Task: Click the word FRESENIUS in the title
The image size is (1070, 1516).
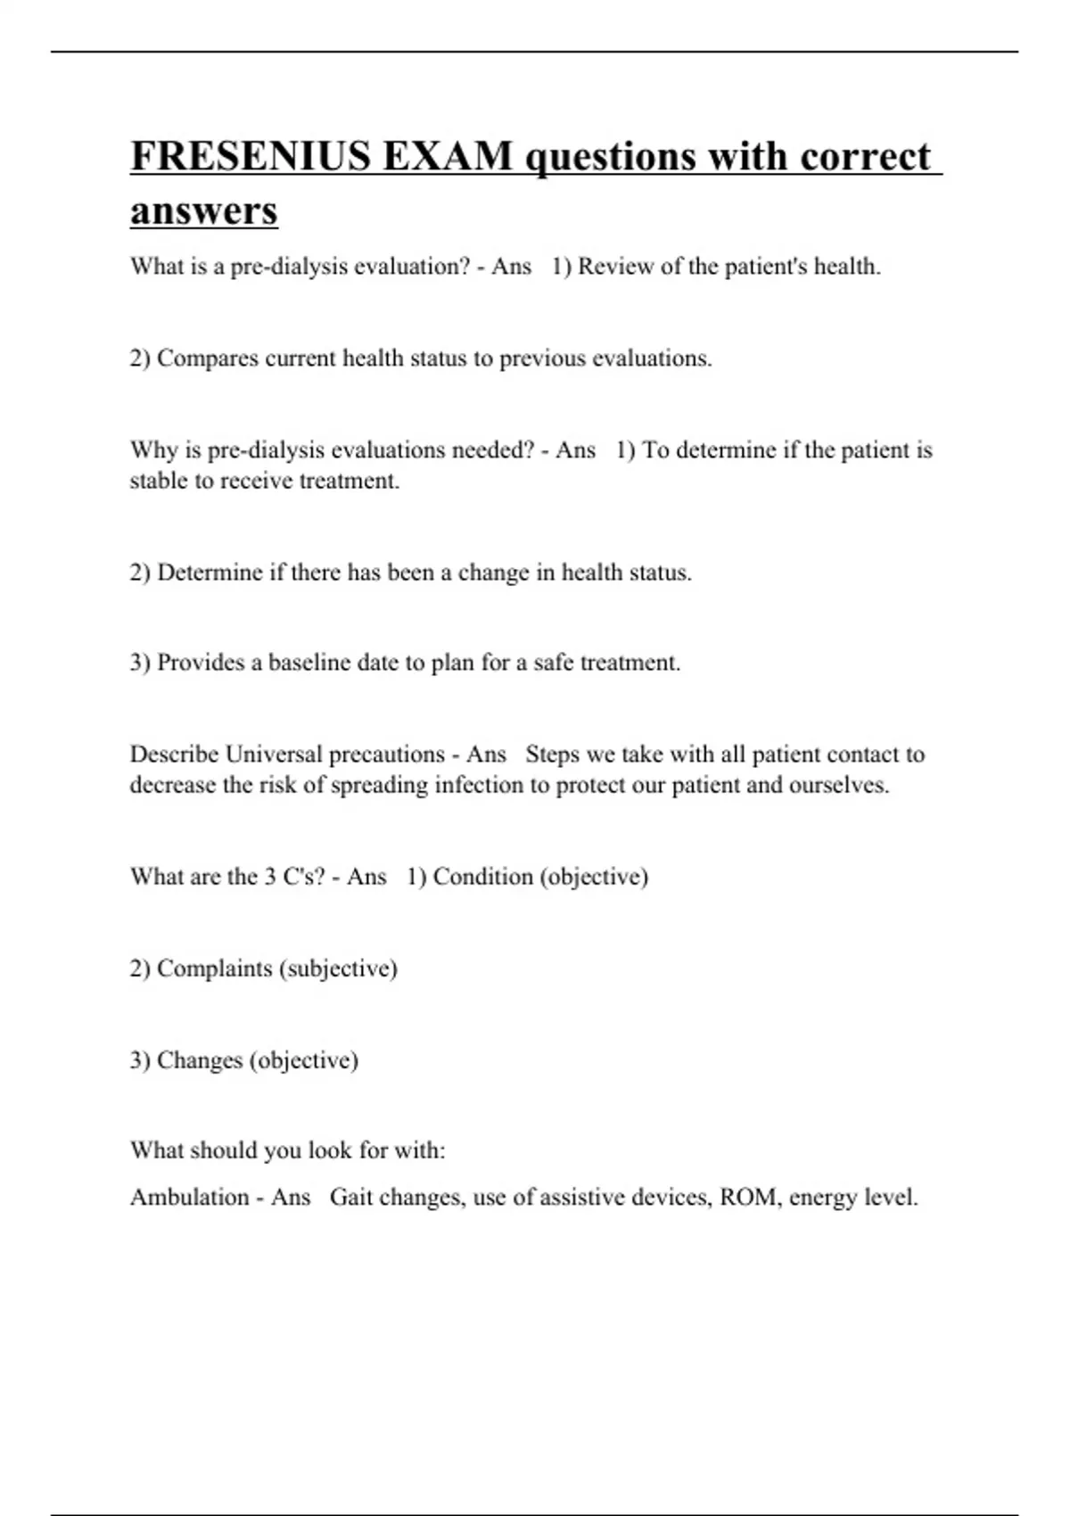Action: click(x=251, y=156)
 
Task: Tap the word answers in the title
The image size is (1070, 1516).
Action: click(x=204, y=211)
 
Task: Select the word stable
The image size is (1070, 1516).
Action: click(x=157, y=481)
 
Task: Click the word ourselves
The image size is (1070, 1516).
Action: click(x=838, y=785)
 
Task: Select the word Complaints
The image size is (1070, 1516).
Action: click(x=214, y=968)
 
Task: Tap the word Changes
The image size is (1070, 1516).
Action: click(x=200, y=1060)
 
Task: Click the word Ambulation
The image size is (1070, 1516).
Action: click(x=189, y=1197)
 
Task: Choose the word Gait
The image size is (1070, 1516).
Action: click(x=350, y=1197)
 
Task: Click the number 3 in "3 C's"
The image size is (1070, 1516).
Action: click(x=269, y=877)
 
